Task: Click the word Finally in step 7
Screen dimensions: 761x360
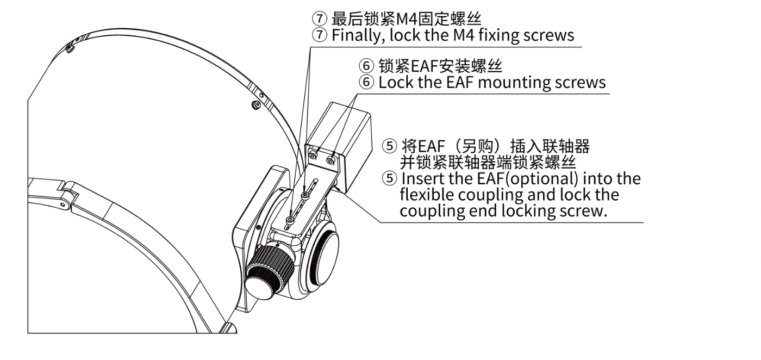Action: [356, 35]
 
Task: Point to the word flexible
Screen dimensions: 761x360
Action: [426, 195]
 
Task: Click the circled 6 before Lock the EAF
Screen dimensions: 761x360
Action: [366, 83]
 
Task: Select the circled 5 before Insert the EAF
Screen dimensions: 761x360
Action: [389, 179]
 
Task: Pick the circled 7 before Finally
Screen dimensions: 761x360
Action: [320, 35]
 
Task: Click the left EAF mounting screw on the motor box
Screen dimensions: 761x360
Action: [313, 156]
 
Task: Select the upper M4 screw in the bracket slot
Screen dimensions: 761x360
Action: [305, 195]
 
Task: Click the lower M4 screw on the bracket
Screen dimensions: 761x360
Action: [290, 221]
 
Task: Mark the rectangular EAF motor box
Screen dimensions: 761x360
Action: [338, 146]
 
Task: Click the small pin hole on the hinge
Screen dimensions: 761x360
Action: [62, 204]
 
